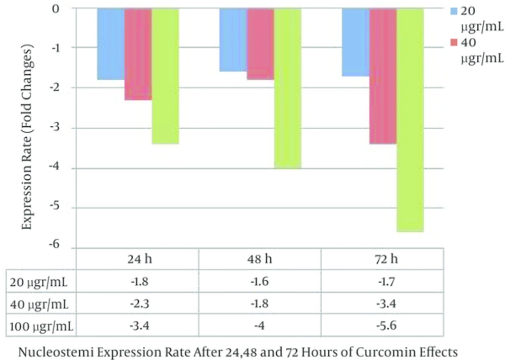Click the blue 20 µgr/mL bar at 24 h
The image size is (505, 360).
pos(111,44)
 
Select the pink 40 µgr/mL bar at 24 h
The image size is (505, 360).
pos(138,54)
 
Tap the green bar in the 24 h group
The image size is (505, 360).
pos(165,76)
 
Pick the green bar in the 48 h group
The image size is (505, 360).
pos(287,88)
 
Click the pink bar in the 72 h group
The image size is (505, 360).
pos(383,76)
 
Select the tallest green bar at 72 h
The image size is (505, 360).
pos(410,120)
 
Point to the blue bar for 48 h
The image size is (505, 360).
pos(233,40)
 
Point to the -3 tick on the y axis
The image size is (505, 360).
pos(67,128)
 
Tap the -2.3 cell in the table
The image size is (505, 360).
pos(137,305)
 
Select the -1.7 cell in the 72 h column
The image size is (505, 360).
pos(382,283)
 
